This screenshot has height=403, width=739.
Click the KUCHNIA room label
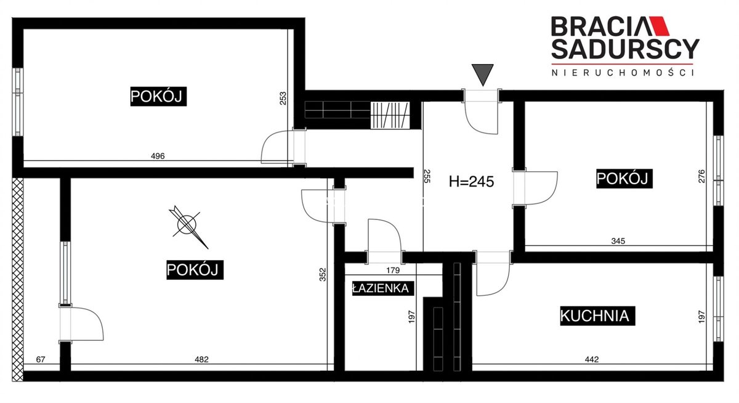point(597,316)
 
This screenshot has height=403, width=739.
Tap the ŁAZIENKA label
point(382,288)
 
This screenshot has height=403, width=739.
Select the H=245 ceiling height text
point(471,182)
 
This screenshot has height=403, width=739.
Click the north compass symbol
point(188,226)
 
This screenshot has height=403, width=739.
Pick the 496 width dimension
point(158,156)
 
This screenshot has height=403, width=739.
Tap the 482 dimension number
point(201,359)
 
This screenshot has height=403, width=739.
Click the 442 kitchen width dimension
point(592,359)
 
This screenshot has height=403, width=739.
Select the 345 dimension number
point(618,241)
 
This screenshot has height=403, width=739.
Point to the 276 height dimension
point(701,176)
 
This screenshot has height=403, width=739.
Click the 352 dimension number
point(323,275)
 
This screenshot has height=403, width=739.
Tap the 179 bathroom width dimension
point(393,271)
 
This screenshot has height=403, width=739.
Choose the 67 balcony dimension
point(41,359)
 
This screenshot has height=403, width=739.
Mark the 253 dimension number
point(283,98)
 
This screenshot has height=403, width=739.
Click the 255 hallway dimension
point(427,176)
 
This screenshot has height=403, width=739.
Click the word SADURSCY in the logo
point(625,49)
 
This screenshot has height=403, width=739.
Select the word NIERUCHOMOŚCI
point(623,73)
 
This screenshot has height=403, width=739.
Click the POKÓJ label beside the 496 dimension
point(158,96)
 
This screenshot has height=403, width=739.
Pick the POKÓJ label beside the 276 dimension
point(624,179)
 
